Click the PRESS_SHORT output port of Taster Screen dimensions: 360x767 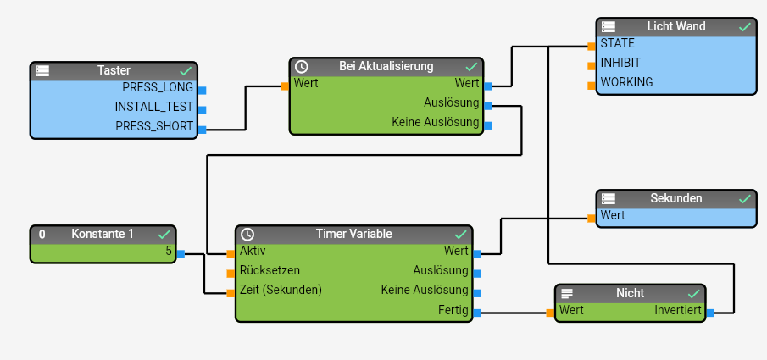(x=202, y=129)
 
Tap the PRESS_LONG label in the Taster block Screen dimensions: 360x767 (x=158, y=88)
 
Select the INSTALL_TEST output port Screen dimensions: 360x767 (x=202, y=108)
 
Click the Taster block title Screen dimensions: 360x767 (x=114, y=71)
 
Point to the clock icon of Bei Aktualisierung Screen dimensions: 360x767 (x=301, y=66)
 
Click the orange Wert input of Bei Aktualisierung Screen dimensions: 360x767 (x=286, y=85)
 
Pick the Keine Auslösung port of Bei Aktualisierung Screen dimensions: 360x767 (x=487, y=125)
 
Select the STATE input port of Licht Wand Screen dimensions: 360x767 (x=592, y=45)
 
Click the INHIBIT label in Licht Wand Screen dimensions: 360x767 (x=620, y=63)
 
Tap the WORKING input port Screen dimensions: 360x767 (x=592, y=85)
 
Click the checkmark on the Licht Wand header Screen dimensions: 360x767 (x=744, y=27)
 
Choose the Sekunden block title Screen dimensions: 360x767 (x=675, y=198)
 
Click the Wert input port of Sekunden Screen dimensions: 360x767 (x=592, y=218)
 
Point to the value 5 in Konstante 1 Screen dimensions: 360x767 (x=169, y=252)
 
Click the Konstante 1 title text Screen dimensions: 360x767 (x=103, y=234)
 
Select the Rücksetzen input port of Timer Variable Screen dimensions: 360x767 (x=231, y=273)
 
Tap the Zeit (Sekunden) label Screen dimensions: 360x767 (x=281, y=290)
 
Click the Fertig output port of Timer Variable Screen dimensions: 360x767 (x=477, y=313)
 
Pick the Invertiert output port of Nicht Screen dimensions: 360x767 (x=710, y=313)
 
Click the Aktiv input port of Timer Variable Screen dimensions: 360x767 (x=231, y=253)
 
